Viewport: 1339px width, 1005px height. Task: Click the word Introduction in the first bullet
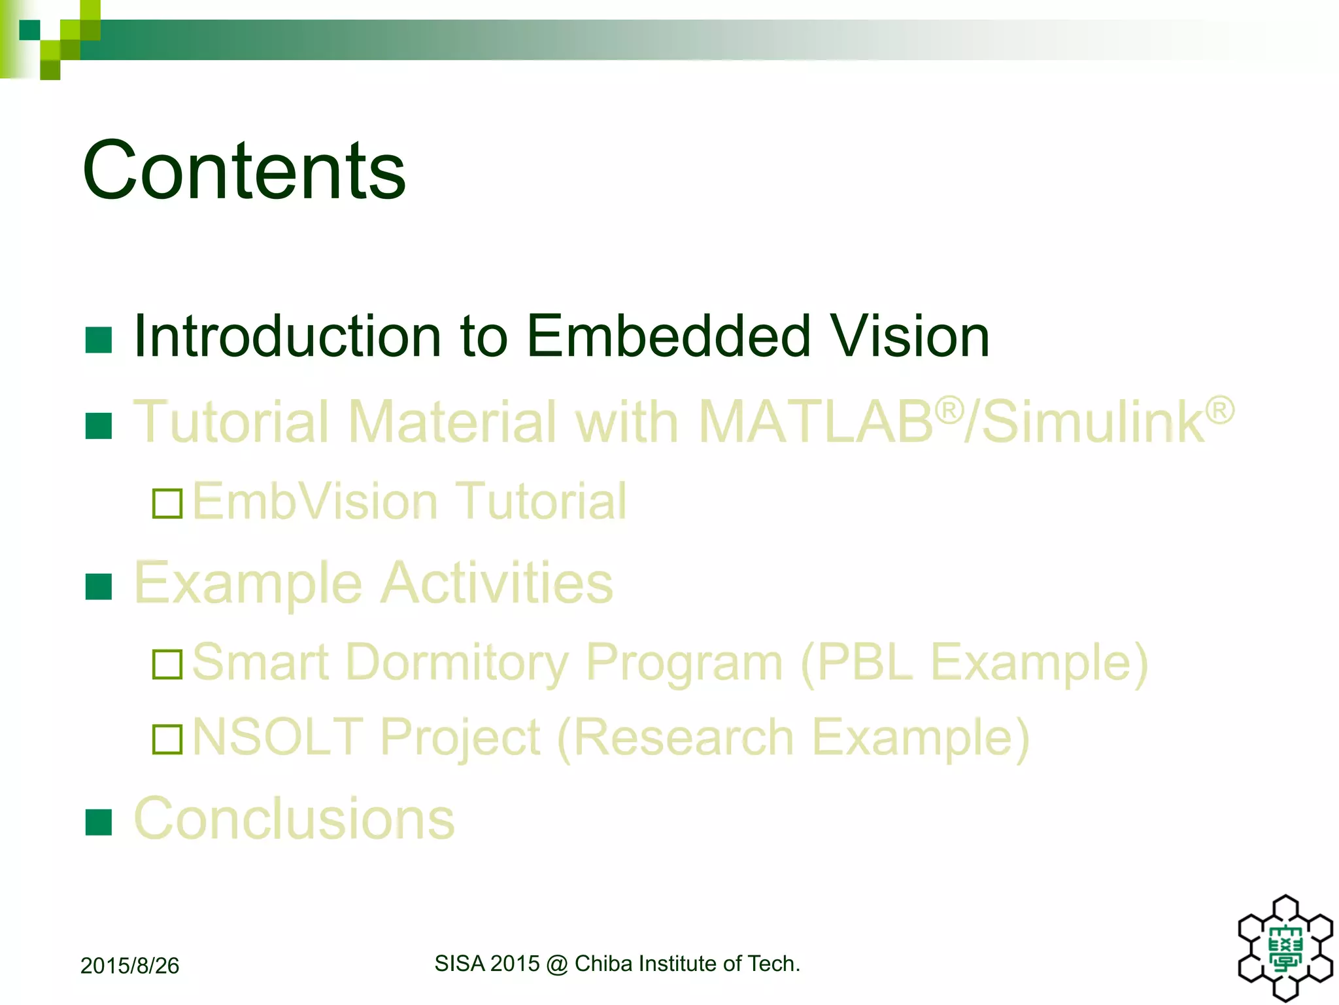click(288, 336)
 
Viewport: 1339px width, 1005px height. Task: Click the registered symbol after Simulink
click(1219, 411)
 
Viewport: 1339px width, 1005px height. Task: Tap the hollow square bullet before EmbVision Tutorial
click(167, 504)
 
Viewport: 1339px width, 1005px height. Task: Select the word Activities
click(496, 583)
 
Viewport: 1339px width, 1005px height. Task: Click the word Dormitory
click(457, 663)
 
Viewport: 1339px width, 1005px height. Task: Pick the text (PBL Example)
click(974, 663)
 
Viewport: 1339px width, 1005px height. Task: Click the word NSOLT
click(278, 737)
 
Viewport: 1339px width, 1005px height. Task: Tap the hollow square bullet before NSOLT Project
click(167, 739)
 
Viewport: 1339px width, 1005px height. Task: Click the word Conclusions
click(294, 819)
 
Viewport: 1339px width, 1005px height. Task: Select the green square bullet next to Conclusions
click(99, 822)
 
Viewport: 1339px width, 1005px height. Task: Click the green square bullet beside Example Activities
click(99, 587)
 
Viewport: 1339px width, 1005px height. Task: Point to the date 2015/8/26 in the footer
click(129, 966)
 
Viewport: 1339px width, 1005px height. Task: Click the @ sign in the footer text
click(557, 964)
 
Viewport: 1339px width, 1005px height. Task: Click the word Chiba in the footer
click(603, 964)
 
